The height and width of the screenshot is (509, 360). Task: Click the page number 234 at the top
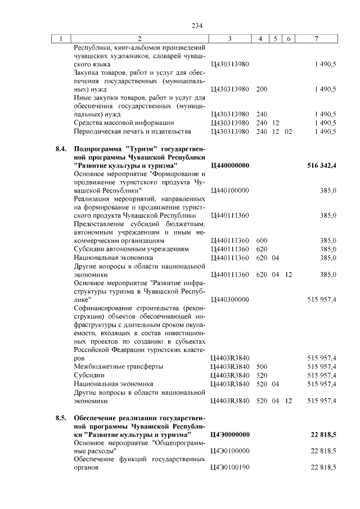196,26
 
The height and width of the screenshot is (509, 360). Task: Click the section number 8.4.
61,148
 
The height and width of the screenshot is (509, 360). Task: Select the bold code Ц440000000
229,166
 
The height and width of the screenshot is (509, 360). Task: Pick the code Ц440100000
229,191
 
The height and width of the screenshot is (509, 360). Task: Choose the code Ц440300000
229,299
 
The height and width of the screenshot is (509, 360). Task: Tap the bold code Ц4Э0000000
229,435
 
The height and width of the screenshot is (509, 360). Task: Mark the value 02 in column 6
289,132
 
